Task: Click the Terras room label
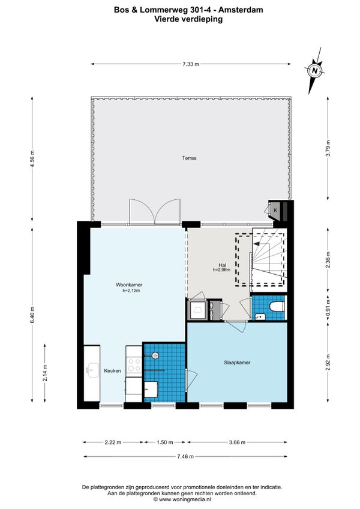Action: tap(189, 158)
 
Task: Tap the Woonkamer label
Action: tap(129, 285)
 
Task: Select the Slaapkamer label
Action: tap(237, 363)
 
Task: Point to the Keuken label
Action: tap(112, 371)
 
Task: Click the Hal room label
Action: tap(223, 265)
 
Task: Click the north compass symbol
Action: tap(314, 70)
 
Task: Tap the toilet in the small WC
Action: tap(278, 306)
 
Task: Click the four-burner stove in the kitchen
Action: tap(134, 364)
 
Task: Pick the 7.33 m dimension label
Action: tap(191, 64)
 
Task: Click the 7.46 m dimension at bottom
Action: tap(185, 456)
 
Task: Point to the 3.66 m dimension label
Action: tap(237, 442)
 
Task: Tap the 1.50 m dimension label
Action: tap(165, 442)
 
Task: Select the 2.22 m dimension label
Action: tap(113, 442)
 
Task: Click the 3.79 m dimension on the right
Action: tap(328, 148)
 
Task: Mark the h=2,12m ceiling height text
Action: tap(131, 291)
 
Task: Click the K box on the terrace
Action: tap(275, 210)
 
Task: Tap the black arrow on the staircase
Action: tap(256, 243)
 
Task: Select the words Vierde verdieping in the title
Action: tap(188, 19)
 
